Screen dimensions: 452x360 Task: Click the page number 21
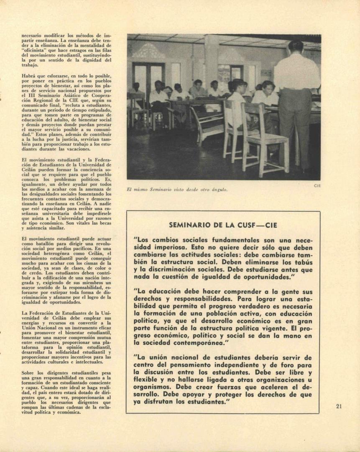point(339,406)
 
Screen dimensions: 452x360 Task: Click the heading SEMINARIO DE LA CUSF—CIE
point(223,225)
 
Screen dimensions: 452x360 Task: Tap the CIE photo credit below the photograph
point(317,186)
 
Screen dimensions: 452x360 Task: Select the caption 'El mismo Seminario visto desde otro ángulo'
point(177,190)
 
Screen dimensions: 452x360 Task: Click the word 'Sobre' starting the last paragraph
point(29,372)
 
